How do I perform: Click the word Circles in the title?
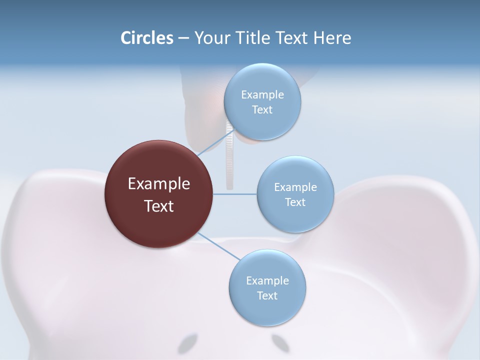click(146, 38)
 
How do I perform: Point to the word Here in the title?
click(332, 38)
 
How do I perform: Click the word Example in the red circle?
click(159, 184)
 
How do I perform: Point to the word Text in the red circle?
click(159, 206)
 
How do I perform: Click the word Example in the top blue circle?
click(262, 95)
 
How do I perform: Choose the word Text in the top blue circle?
click(262, 110)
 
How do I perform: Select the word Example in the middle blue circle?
click(295, 187)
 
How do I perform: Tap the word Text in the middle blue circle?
click(295, 202)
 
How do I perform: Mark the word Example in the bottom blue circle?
click(267, 281)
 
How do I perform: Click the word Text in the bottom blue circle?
click(267, 296)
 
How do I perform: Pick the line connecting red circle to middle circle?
click(235, 194)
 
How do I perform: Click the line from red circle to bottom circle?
click(219, 246)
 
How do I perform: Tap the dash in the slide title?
click(183, 38)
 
